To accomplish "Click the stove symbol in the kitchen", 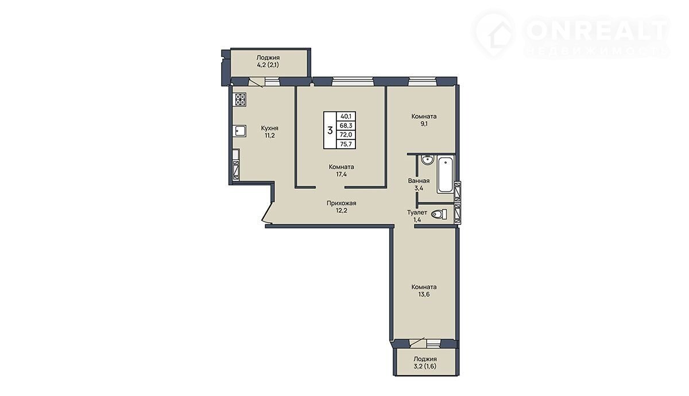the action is [x=241, y=100].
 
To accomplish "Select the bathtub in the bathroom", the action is [x=445, y=175].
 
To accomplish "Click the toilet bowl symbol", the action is [x=439, y=214].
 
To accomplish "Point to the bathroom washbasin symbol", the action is [x=427, y=160].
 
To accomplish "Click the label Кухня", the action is [x=269, y=128].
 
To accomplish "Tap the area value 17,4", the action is [x=342, y=174].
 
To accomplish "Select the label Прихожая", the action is [x=342, y=203].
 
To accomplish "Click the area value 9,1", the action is [x=424, y=124].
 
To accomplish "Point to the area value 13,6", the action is [x=424, y=294].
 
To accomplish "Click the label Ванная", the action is [x=419, y=181].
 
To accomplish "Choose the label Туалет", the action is [x=417, y=212].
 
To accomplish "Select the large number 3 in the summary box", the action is [x=330, y=130].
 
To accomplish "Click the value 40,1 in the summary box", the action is [x=346, y=116].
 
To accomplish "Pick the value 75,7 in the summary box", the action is [x=346, y=144].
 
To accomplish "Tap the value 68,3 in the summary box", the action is [x=346, y=126].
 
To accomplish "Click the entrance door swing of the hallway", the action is [x=267, y=213].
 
